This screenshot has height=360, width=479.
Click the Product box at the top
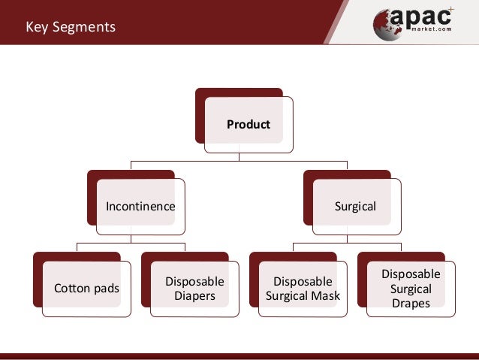pos(248,125)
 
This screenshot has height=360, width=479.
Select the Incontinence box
pos(140,206)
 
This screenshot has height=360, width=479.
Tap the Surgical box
pos(356,206)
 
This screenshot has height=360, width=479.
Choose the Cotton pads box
pos(86,289)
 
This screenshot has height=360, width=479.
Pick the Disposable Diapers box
pos(194,289)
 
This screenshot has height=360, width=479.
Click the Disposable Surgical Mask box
pos(303,289)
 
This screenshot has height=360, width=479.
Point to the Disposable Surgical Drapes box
pos(411,289)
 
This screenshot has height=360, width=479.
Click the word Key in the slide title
pos(37,28)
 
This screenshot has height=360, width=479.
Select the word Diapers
pos(194,296)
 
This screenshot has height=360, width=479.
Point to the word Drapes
pos(411,304)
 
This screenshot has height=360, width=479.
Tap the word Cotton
pos(71,289)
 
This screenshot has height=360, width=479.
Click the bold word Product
pos(249,125)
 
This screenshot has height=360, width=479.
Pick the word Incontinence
pos(140,206)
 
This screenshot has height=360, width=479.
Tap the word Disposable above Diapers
pos(194,281)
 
